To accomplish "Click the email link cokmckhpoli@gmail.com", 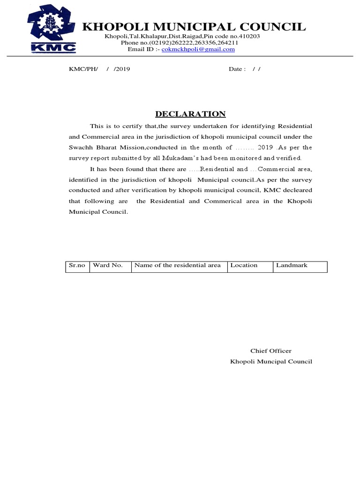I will [198, 49].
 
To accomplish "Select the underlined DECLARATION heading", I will [190, 114].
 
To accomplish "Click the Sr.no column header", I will [77, 265].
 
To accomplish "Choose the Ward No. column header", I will [108, 265].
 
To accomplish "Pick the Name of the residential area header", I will [177, 265].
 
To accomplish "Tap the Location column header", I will [244, 265].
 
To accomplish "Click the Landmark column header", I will [292, 265].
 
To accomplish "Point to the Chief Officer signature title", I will [270, 351].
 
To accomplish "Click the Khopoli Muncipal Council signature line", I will [270, 361].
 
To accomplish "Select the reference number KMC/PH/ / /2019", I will [99, 69].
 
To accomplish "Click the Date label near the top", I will [237, 69].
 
